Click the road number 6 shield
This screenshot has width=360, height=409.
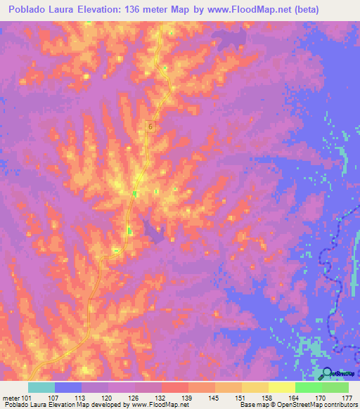[150, 126]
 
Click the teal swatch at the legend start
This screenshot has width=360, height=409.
[41, 387]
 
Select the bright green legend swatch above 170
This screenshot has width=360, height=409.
[308, 387]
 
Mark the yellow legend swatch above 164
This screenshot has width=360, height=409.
[281, 387]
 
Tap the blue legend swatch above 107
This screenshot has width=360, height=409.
[68, 387]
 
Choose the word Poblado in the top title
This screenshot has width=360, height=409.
[30, 10]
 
